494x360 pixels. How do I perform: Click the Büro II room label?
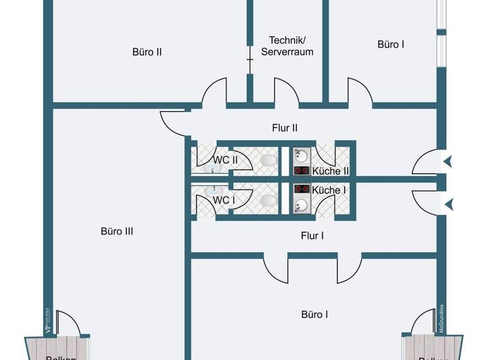coord(147,52)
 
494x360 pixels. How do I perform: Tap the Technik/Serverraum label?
coord(287,46)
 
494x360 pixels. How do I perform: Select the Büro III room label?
coord(117,231)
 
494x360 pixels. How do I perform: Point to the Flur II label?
coord(284,128)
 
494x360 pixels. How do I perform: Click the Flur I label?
coord(312,236)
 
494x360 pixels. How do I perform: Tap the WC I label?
coord(223,200)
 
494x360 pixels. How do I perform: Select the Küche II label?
coord(330,171)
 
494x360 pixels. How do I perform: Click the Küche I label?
coord(329,190)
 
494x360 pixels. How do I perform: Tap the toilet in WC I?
coord(269,200)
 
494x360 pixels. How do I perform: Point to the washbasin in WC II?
coord(214,171)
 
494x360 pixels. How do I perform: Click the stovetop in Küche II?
coord(301,170)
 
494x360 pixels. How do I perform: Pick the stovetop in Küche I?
coord(301,190)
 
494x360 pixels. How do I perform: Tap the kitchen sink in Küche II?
coord(301,156)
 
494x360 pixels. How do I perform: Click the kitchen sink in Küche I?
coord(301,205)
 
